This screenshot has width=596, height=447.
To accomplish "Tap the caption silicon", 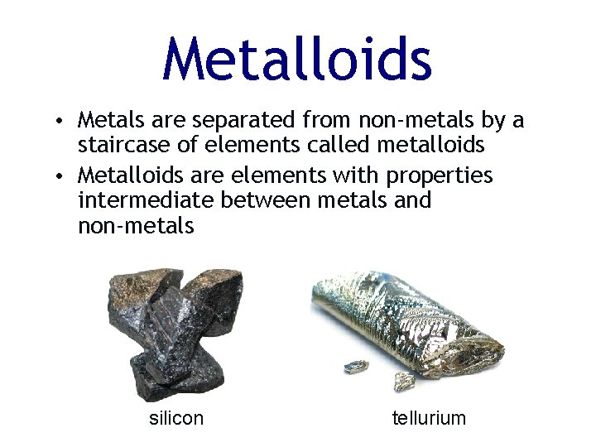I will pos(175,418).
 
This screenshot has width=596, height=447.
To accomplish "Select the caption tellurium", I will pos(429,418).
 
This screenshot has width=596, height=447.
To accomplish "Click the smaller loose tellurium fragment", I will pos(362,365).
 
